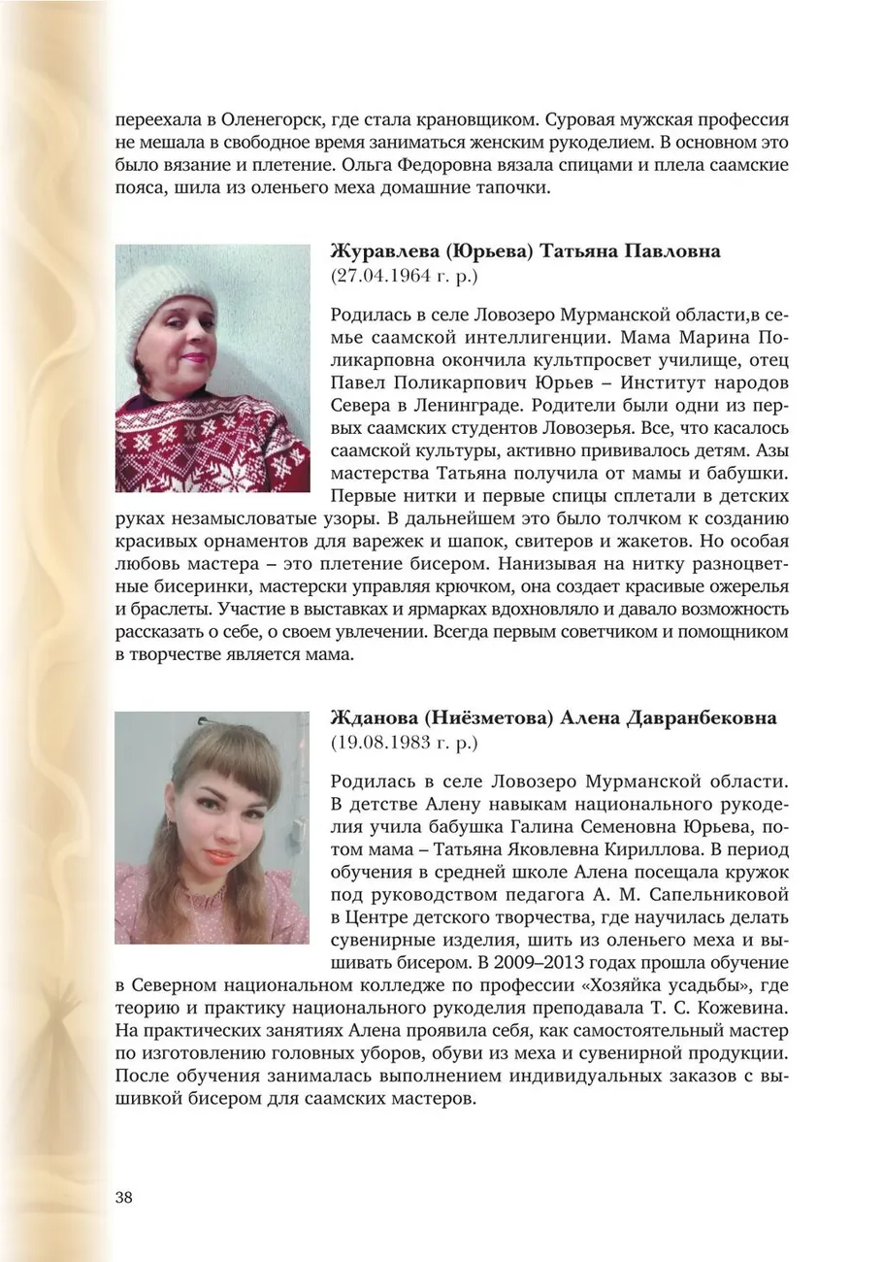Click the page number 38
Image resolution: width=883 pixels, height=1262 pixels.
(124, 1196)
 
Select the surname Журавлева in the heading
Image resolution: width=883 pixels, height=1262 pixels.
(384, 251)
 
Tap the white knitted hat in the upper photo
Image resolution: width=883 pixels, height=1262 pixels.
(165, 296)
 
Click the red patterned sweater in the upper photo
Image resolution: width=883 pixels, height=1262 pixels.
(209, 447)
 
